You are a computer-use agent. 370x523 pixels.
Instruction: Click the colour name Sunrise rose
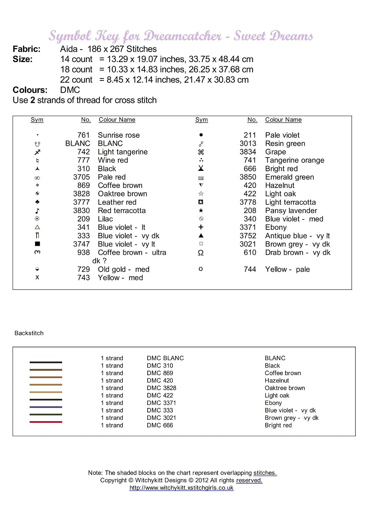(x=119, y=135)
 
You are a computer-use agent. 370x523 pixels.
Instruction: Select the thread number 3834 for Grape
(x=248, y=152)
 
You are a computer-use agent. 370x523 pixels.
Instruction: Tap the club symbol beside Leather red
(x=37, y=202)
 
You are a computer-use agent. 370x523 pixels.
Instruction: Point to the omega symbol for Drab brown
(x=201, y=253)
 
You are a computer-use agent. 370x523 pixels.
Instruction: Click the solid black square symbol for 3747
(x=37, y=244)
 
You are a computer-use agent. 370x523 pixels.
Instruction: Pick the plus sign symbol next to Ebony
(x=201, y=227)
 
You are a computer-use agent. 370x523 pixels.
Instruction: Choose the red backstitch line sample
(x=46, y=422)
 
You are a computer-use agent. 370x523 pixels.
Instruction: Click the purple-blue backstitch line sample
(x=46, y=407)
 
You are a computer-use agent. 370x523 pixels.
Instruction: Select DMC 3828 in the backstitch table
(x=161, y=388)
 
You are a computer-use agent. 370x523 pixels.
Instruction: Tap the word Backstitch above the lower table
(x=29, y=333)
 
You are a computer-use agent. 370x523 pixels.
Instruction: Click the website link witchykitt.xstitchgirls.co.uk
(x=181, y=488)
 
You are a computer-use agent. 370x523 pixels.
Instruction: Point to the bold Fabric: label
(x=27, y=49)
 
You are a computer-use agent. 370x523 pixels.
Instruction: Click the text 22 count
(x=76, y=80)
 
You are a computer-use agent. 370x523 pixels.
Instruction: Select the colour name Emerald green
(x=289, y=177)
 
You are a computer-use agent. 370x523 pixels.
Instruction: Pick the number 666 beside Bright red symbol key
(x=250, y=169)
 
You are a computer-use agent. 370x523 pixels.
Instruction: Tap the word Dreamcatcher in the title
(x=183, y=36)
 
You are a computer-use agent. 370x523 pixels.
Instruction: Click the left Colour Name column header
(x=117, y=120)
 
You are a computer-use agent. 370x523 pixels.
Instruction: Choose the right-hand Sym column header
(x=201, y=120)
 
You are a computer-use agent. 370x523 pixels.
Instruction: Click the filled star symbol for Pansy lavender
(x=201, y=211)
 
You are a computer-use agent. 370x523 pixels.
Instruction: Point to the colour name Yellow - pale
(x=287, y=270)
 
